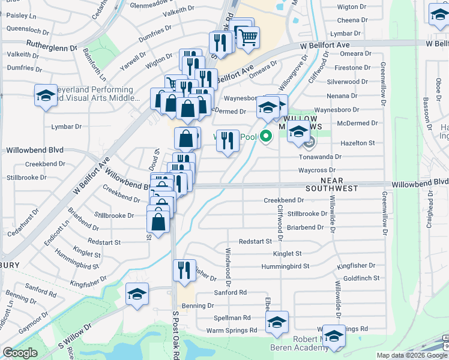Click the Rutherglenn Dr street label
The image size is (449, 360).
[52, 44]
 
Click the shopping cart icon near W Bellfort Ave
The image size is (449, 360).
[248, 37]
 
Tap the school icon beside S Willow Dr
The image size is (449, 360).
[137, 294]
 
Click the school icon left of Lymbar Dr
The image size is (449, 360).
[46, 96]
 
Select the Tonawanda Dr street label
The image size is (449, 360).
[321, 156]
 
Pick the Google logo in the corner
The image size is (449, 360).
[20, 353]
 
